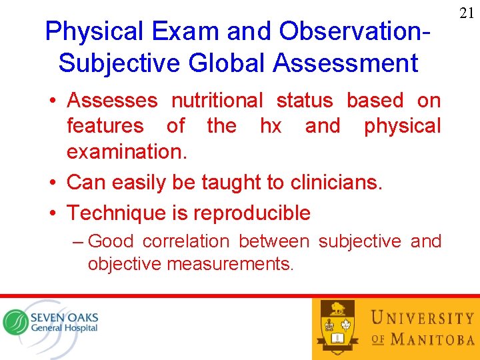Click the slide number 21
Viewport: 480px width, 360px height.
pyautogui.click(x=466, y=12)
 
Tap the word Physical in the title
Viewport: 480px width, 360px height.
pyautogui.click(x=94, y=31)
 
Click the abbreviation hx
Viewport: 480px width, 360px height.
pyautogui.click(x=270, y=126)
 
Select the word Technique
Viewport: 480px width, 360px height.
pyautogui.click(x=114, y=213)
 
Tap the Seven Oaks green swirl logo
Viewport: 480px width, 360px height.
pyautogui.click(x=15, y=322)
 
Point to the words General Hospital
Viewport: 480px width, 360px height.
pyautogui.click(x=64, y=328)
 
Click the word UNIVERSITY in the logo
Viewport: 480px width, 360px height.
pyautogui.click(x=423, y=318)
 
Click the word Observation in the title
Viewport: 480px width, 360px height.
pyautogui.click(x=351, y=31)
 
